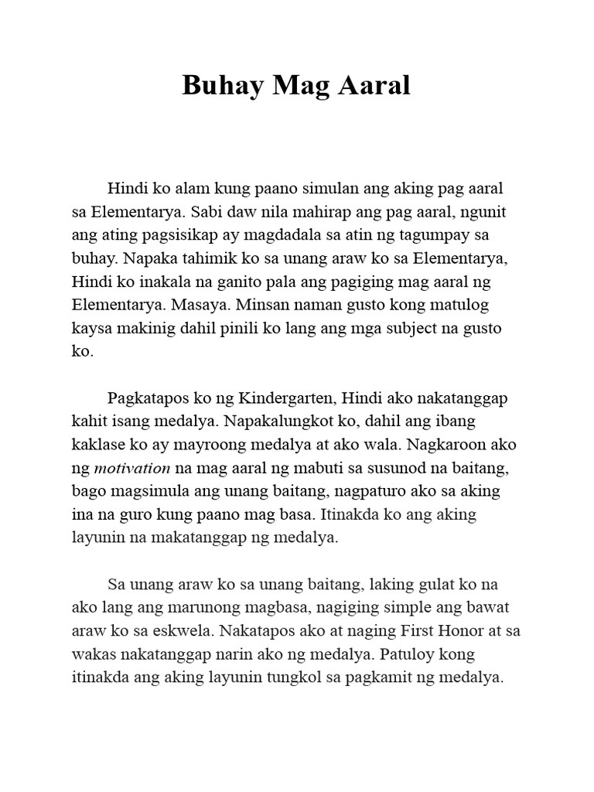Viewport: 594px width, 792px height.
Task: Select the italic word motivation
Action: click(x=131, y=468)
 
